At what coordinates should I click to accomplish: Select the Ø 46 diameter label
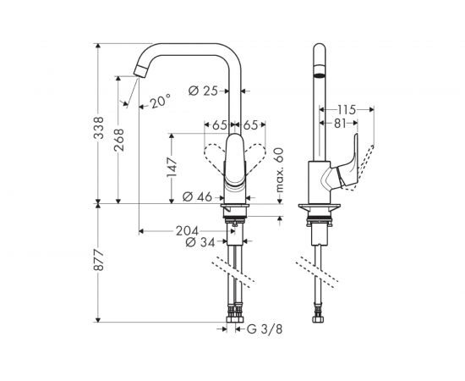point(199,197)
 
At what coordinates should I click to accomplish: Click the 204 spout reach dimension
point(187,230)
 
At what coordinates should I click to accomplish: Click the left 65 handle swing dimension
point(219,125)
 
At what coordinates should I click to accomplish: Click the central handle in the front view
point(234,161)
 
